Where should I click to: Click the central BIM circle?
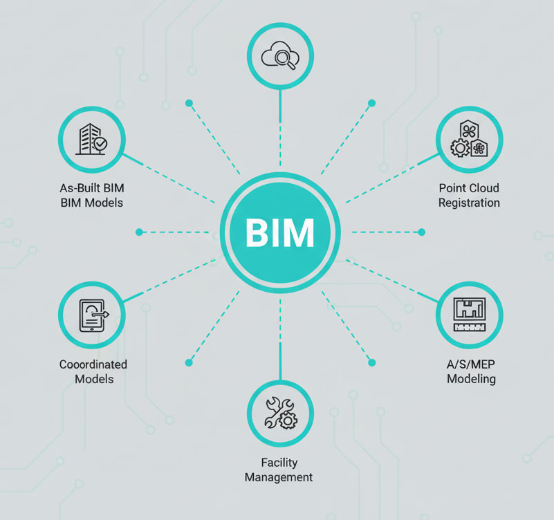point(280,232)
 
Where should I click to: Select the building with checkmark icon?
point(92,140)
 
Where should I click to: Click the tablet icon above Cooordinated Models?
point(92,315)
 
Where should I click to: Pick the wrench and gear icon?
point(280,413)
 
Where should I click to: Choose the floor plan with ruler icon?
point(470,315)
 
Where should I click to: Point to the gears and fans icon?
point(470,140)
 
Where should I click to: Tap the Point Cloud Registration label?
point(469,195)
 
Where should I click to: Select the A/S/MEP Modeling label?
point(471,371)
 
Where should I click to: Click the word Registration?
point(469,203)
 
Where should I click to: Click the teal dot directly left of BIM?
point(139,232)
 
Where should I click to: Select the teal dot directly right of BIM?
point(422,232)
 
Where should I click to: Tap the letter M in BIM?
point(298,232)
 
